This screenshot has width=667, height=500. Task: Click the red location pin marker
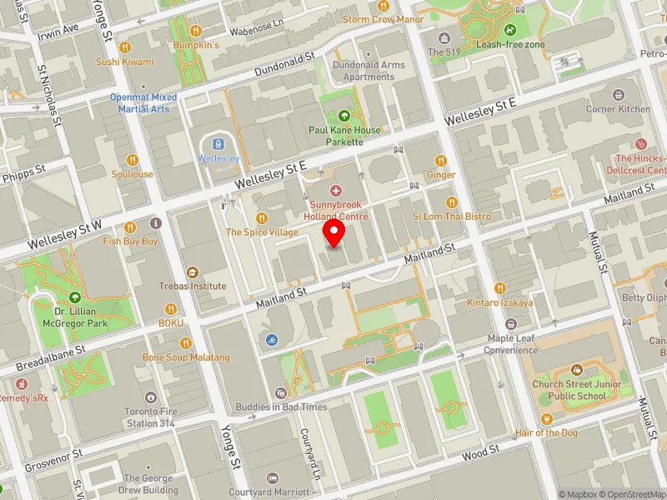pyautogui.click(x=334, y=233)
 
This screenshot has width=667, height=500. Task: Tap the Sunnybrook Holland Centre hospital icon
pyautogui.click(x=337, y=191)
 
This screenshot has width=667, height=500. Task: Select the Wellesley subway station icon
pyautogui.click(x=218, y=143)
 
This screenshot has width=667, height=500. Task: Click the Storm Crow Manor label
pyautogui.click(x=383, y=19)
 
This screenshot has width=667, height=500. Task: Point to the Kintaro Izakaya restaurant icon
pyautogui.click(x=500, y=287)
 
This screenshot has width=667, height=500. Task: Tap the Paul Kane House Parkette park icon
pyautogui.click(x=344, y=115)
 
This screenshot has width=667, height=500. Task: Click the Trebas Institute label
pyautogui.click(x=193, y=286)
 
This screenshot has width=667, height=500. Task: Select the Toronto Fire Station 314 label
pyautogui.click(x=150, y=417)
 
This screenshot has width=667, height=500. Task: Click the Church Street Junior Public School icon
pyautogui.click(x=575, y=370)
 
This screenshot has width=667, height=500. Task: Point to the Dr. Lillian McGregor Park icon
pyautogui.click(x=76, y=297)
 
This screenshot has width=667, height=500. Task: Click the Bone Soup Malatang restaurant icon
pyautogui.click(x=186, y=342)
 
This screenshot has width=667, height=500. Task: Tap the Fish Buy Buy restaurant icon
pyautogui.click(x=130, y=227)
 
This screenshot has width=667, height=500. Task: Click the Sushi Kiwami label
pyautogui.click(x=125, y=62)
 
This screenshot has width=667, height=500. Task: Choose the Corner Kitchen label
pyautogui.click(x=618, y=109)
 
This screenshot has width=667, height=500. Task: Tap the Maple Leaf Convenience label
pyautogui.click(x=511, y=344)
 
